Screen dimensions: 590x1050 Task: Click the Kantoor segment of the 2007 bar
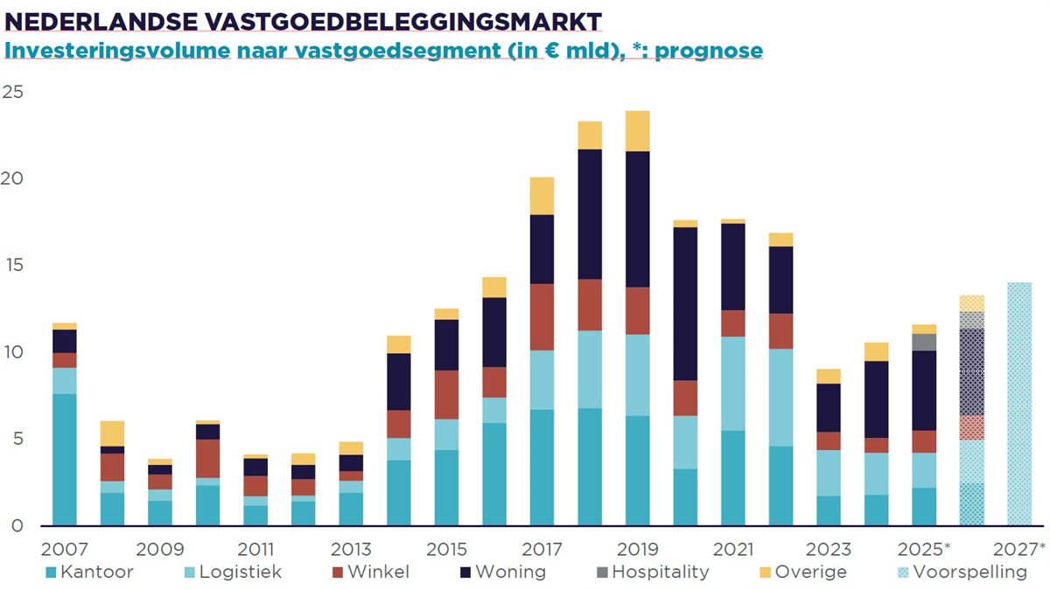click(x=64, y=460)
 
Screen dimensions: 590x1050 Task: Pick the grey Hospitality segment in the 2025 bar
click(x=924, y=342)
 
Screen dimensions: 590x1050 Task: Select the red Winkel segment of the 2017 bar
click(x=542, y=316)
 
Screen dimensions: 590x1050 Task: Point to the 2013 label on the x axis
click(x=350, y=549)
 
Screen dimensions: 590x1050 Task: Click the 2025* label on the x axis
click(x=924, y=549)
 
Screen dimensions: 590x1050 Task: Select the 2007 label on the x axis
click(x=64, y=549)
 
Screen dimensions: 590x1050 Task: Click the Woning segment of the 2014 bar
click(x=398, y=381)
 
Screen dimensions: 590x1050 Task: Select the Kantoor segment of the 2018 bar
click(x=590, y=467)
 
